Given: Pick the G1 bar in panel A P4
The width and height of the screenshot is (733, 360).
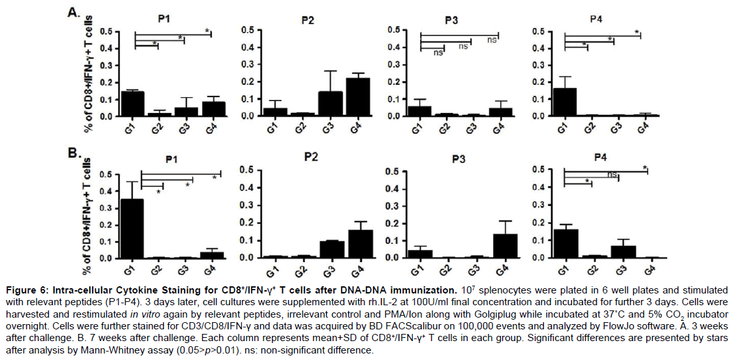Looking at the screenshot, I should pyautogui.click(x=565, y=102).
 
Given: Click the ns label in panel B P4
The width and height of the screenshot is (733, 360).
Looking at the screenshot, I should pyautogui.click(x=612, y=175).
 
